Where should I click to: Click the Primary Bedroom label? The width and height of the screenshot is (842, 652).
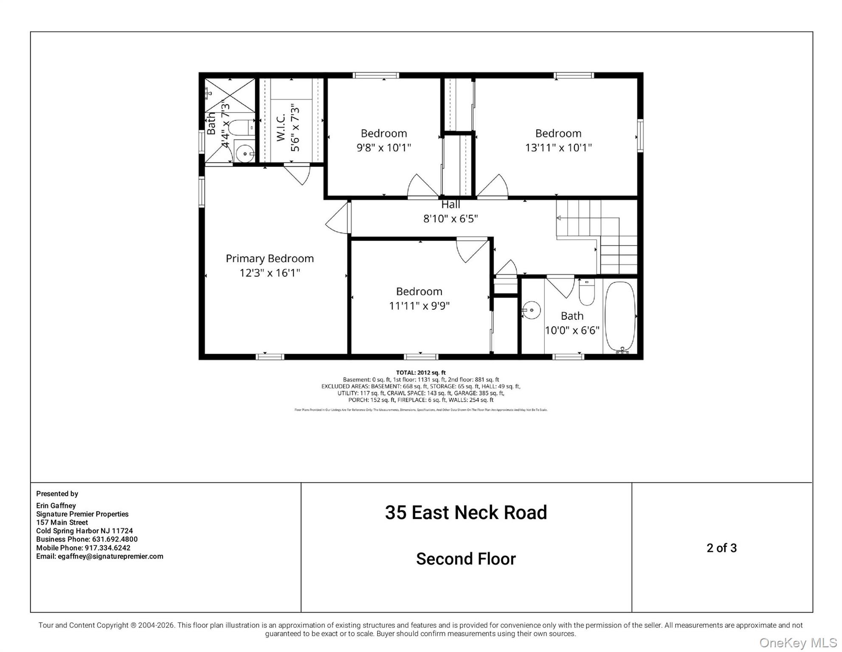click(x=270, y=259)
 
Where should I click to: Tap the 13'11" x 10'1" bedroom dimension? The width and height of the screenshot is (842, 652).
click(x=558, y=148)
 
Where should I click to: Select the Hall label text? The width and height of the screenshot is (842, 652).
click(x=451, y=205)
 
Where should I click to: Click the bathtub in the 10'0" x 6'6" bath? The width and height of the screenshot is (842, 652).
click(x=620, y=316)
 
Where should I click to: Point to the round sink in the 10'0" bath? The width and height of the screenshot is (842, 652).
click(x=531, y=310)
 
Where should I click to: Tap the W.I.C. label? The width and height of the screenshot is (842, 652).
click(x=281, y=127)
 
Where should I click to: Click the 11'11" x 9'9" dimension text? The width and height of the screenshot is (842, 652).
click(x=419, y=306)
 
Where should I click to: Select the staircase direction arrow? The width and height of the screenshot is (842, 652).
click(x=559, y=218)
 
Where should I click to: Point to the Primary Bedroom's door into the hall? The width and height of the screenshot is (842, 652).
click(x=338, y=217)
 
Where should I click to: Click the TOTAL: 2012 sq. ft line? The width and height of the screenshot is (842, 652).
click(x=420, y=373)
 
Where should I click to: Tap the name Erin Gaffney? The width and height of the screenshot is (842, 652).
click(x=56, y=506)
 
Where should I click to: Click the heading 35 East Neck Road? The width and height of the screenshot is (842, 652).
click(x=466, y=512)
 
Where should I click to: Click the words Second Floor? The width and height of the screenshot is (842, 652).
click(x=466, y=559)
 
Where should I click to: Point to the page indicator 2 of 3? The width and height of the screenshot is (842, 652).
click(x=721, y=548)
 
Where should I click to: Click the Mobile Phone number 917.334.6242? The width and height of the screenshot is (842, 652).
click(x=107, y=548)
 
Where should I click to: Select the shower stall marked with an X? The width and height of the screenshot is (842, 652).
click(x=230, y=95)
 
